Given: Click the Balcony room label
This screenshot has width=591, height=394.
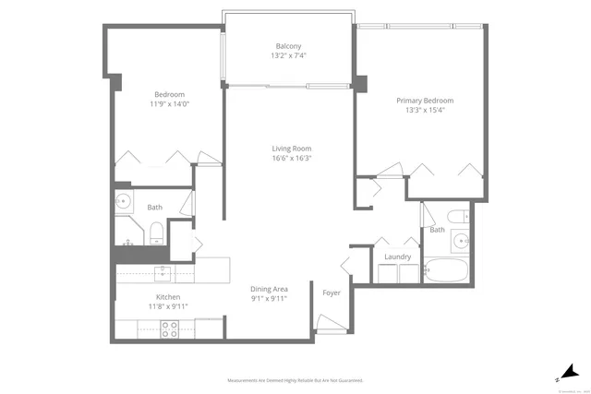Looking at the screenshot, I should (x=289, y=46).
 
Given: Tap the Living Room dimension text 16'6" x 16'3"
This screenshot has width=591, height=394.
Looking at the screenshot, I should (x=291, y=158).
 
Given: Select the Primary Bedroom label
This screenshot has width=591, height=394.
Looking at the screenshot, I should (x=425, y=101).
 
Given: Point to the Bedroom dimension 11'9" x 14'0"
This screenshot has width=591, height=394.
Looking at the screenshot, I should (x=169, y=104).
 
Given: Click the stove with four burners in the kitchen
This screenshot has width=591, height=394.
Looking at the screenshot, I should (x=171, y=328).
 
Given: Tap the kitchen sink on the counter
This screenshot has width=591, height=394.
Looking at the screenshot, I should (x=163, y=271).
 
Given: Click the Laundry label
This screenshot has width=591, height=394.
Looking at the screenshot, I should (x=397, y=257).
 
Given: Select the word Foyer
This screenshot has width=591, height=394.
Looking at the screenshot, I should (x=331, y=293).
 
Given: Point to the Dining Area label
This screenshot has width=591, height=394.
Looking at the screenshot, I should (x=268, y=289).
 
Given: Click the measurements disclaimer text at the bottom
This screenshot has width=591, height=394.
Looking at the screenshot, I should (x=295, y=380).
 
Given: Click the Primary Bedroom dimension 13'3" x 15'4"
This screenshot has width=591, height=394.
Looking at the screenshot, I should (x=425, y=111).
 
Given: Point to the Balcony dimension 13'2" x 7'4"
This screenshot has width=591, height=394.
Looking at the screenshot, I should (x=289, y=56).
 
